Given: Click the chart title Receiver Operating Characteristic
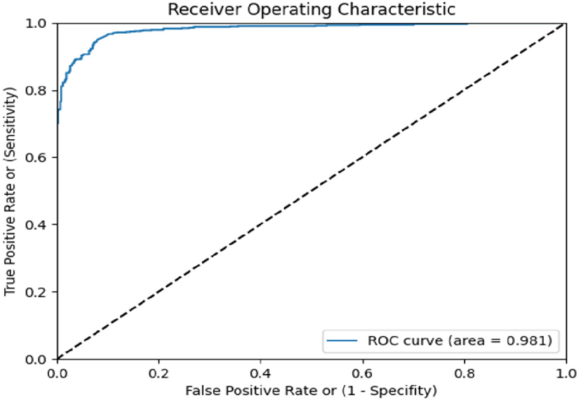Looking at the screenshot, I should click(312, 9).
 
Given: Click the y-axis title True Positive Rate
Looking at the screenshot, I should click(10, 191).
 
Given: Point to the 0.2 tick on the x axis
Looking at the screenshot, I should click(158, 372).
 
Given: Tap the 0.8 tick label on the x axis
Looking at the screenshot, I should click(463, 372).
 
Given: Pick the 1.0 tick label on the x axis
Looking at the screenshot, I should click(564, 372).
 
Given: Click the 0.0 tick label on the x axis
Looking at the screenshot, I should click(57, 372).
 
